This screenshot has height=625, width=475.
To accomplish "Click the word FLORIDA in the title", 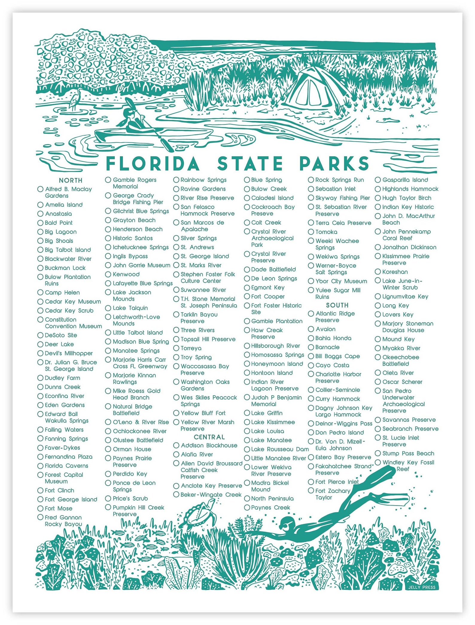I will [x=153, y=164].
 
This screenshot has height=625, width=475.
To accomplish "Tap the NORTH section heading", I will [x=71, y=180].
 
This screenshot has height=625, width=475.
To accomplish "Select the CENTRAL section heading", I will [x=209, y=437].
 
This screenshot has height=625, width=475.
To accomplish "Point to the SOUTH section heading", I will [x=337, y=305].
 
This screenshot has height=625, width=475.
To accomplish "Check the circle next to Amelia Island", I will [x=40, y=205].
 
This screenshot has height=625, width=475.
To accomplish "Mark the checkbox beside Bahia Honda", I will [x=311, y=338].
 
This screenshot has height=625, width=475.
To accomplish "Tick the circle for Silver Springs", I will [x=176, y=238].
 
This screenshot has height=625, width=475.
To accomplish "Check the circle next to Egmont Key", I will [x=247, y=288].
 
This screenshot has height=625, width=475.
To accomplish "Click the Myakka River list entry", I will [x=401, y=348].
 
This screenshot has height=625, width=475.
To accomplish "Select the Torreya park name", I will [x=191, y=348].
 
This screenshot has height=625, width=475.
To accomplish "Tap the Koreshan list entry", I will [x=395, y=272].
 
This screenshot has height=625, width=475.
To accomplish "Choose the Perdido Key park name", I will [x=130, y=474].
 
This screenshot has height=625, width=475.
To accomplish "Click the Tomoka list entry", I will [x=326, y=232].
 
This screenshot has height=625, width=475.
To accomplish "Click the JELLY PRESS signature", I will [x=422, y=587].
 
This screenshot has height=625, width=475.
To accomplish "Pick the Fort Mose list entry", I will [x=58, y=508].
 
